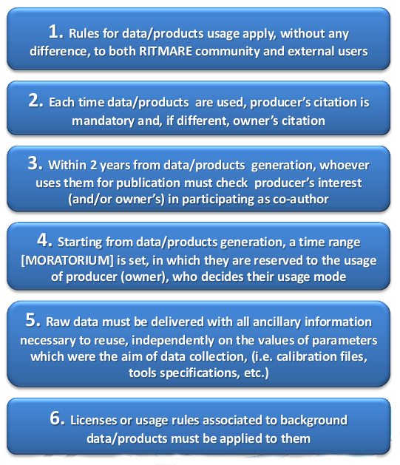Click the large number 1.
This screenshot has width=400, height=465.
point(55,31)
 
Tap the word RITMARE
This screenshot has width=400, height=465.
point(166,51)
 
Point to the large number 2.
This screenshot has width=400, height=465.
point(36,101)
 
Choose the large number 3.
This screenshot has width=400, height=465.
point(35,163)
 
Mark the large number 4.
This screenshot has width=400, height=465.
point(45,240)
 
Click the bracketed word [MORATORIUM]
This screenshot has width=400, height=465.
point(67,260)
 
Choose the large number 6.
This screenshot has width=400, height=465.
point(57,418)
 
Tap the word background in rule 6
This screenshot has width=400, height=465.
point(313,421)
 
